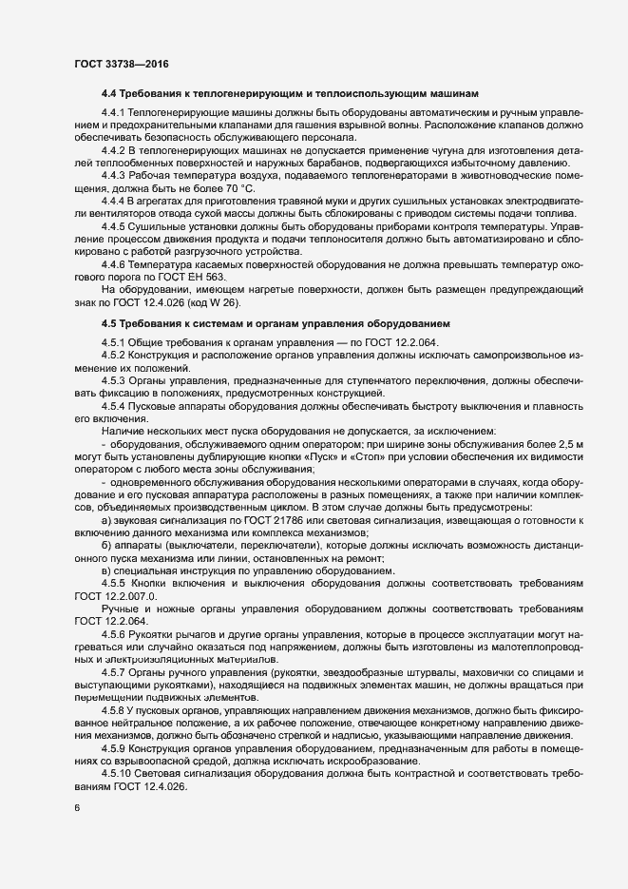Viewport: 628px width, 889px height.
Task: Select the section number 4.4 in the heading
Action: coord(108,94)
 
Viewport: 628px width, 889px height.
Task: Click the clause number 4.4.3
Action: coord(116,177)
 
